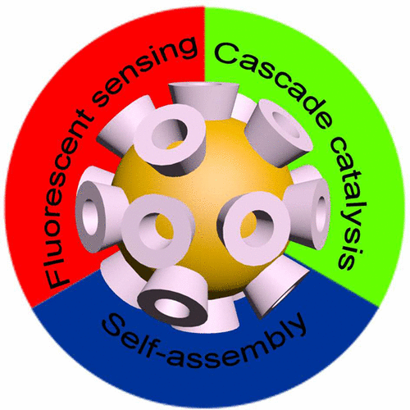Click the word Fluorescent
(71, 197)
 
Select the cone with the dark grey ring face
(172, 298)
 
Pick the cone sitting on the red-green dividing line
(203, 100)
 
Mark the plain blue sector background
(205, 383)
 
